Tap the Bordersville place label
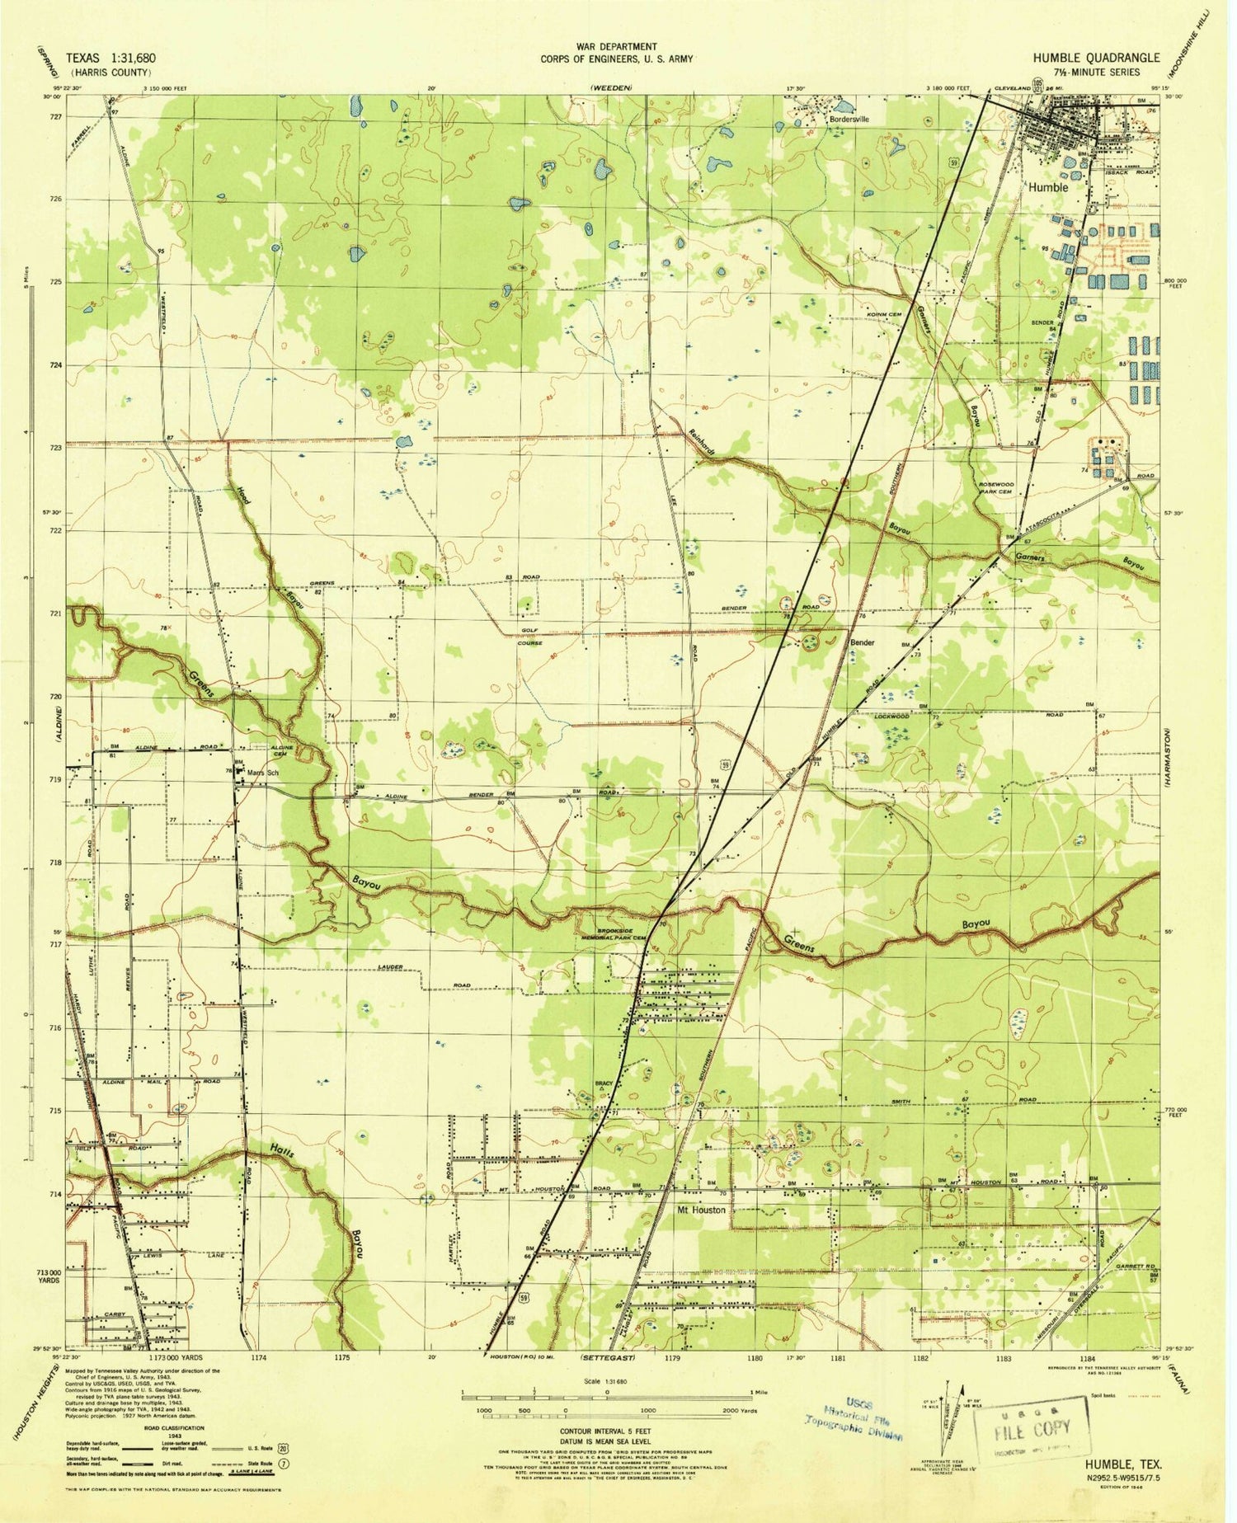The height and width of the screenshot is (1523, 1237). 849,119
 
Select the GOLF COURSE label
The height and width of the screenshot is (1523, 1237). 529,638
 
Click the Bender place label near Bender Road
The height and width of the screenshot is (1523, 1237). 862,642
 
